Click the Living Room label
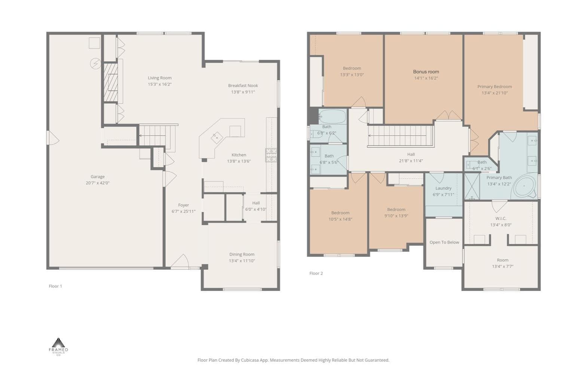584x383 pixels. click(x=159, y=78)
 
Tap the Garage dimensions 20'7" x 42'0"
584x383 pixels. click(x=98, y=183)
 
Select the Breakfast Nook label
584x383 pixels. click(x=243, y=86)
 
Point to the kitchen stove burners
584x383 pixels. click(x=271, y=155)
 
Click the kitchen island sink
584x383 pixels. click(x=217, y=138)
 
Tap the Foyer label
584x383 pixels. click(x=184, y=205)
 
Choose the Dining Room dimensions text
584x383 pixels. click(x=242, y=261)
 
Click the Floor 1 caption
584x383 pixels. click(x=55, y=286)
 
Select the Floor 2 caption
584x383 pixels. click(x=316, y=273)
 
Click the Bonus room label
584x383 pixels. click(x=426, y=72)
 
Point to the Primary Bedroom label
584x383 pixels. click(x=495, y=86)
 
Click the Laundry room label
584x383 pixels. click(x=443, y=188)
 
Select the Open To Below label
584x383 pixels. click(x=444, y=242)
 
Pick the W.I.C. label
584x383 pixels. click(x=501, y=218)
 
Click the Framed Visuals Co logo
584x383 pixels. click(x=58, y=347)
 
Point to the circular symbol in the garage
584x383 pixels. click(x=95, y=63)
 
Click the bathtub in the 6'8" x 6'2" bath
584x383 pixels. click(x=333, y=116)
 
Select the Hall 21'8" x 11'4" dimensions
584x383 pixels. click(x=411, y=161)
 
